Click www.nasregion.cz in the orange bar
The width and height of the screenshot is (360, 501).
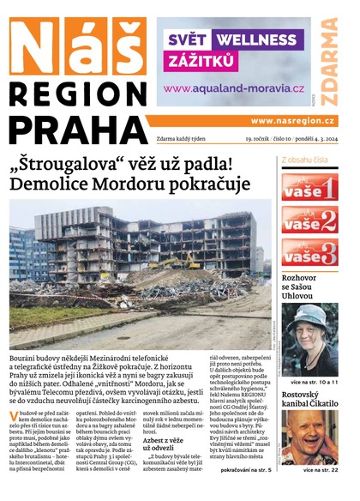292,121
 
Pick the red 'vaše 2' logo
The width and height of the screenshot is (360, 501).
309,222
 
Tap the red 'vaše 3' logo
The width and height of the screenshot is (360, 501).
309,256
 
